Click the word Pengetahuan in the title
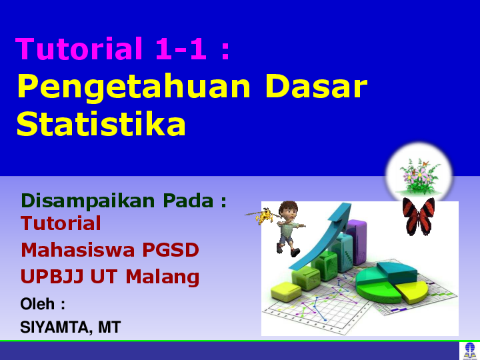[134, 87]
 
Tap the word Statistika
[101, 123]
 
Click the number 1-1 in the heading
[181, 49]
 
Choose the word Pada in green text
[188, 201]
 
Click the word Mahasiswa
[78, 250]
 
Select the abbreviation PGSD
[171, 250]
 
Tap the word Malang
[163, 277]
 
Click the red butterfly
[419, 216]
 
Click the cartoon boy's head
[288, 211]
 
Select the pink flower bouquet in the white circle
[419, 177]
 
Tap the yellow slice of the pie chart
[411, 291]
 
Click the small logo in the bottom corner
[469, 351]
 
